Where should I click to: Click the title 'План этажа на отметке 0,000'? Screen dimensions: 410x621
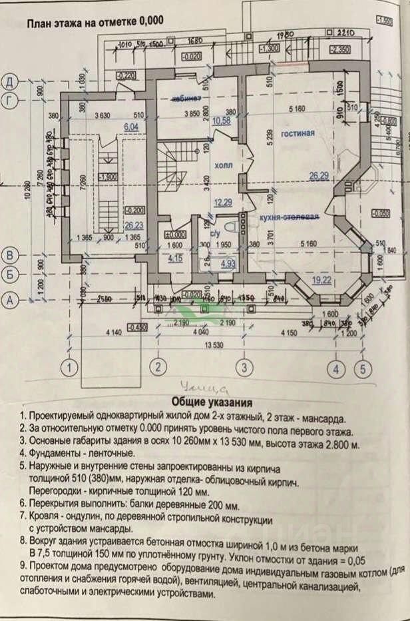[95, 21]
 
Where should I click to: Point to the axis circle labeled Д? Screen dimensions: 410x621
[9, 83]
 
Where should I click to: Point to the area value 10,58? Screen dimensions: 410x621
[220, 121]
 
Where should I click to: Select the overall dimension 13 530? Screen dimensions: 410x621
[214, 345]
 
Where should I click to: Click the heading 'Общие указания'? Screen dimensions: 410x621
[212, 402]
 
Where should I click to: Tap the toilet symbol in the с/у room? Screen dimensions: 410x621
[228, 224]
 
